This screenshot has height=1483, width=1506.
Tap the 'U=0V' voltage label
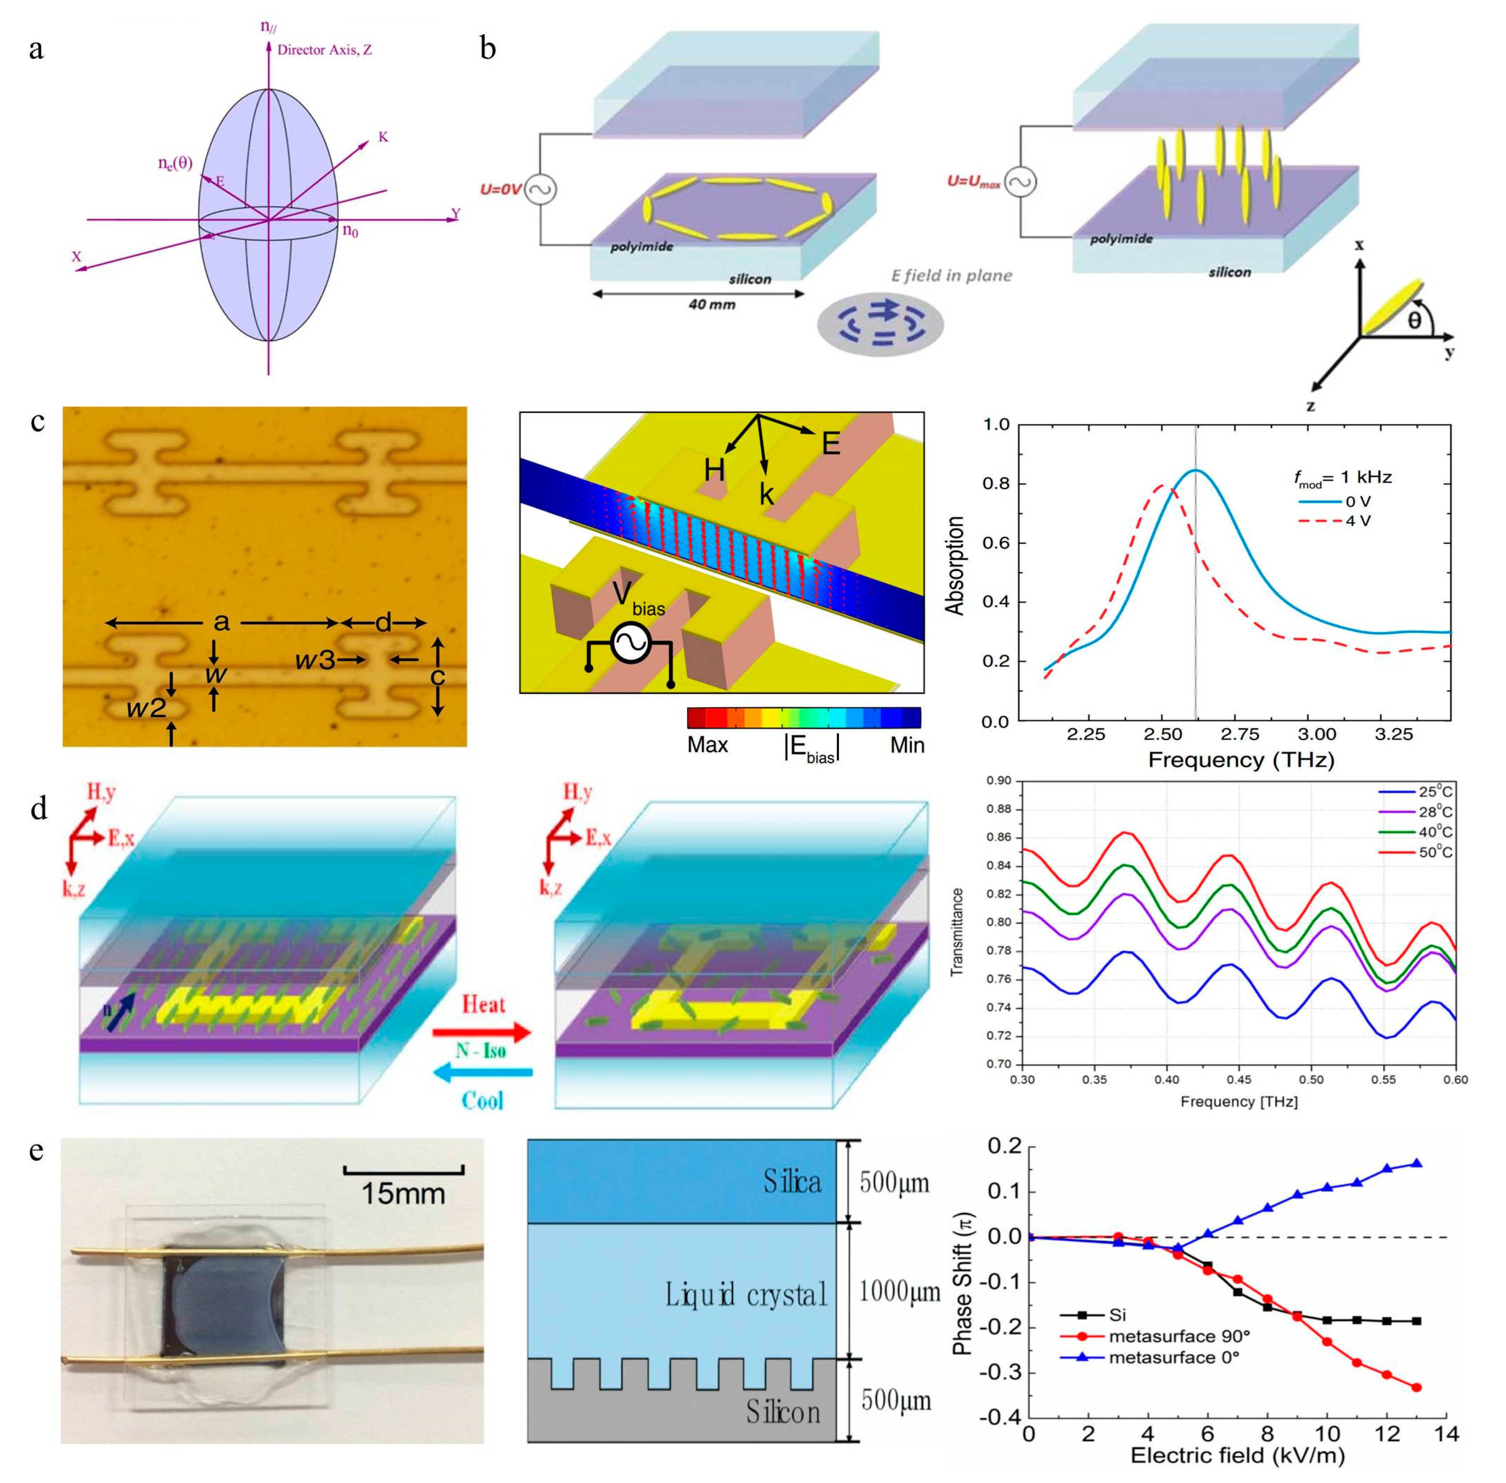coord(500,189)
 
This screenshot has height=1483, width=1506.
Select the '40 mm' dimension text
coord(711,305)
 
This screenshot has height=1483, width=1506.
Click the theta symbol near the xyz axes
coord(1414,320)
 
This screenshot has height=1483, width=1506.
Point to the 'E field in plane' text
coord(952,276)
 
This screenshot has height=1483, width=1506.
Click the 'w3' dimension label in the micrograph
coord(315,661)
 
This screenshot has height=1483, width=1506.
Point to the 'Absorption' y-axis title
coord(956,565)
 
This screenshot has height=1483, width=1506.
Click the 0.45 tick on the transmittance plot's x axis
coord(1238,1080)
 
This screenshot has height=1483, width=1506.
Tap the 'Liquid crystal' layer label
coord(745,1294)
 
